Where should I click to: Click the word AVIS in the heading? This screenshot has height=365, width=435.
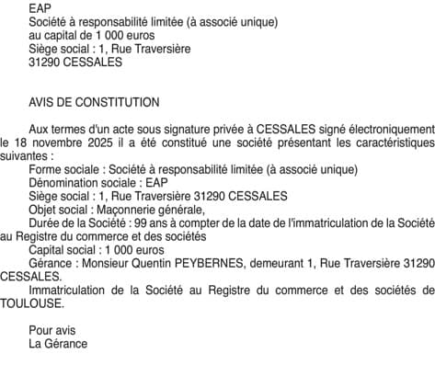42,102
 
